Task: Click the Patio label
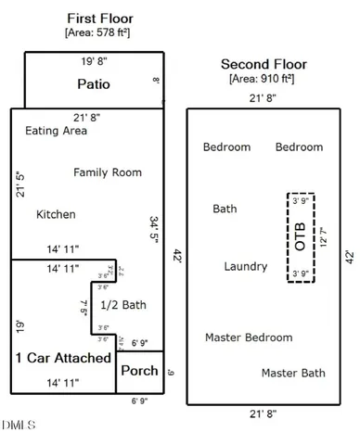93,84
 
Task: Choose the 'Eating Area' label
57,131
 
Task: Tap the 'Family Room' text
108,172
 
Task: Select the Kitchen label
56,214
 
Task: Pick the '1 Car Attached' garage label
61,357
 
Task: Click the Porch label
140,371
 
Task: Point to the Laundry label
246,266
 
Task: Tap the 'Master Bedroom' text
249,337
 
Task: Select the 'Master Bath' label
292,373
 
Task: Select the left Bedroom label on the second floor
226,146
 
